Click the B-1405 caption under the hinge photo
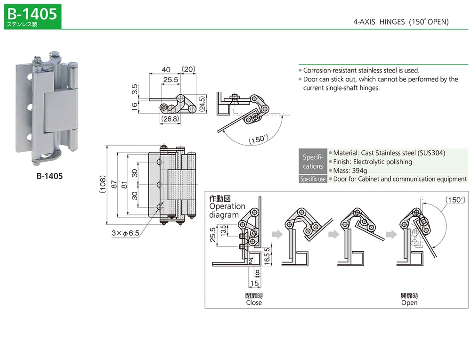(49, 176)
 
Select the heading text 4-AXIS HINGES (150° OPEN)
(401, 22)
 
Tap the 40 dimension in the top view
(165, 69)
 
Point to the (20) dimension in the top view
(189, 69)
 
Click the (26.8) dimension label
(170, 119)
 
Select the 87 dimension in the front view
(114, 185)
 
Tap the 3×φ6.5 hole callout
(125, 233)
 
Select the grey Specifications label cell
(313, 162)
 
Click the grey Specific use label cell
(313, 179)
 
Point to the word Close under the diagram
(254, 303)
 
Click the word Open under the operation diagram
(409, 303)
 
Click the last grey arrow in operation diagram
(391, 234)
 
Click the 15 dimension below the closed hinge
(254, 283)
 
